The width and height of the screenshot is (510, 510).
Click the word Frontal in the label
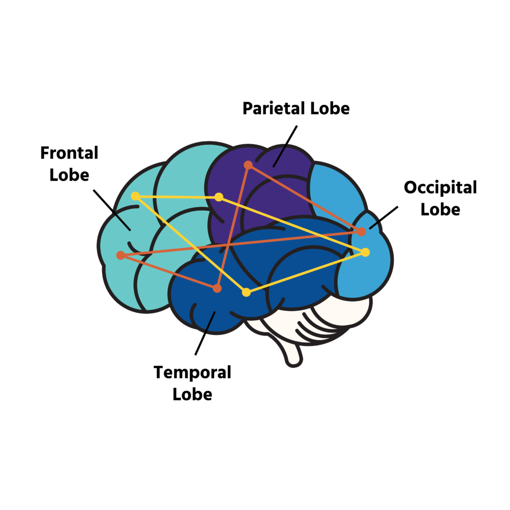click(x=69, y=153)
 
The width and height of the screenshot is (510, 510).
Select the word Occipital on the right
click(x=440, y=188)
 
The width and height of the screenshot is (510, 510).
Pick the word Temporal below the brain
click(x=192, y=372)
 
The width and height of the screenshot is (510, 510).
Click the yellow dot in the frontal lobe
click(x=135, y=196)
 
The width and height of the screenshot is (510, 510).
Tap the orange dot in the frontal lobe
click(x=121, y=255)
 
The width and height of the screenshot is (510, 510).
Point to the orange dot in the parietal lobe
click(x=248, y=165)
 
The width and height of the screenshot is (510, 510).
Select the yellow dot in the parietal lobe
click(x=219, y=197)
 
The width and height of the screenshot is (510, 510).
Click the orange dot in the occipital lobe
click(x=362, y=232)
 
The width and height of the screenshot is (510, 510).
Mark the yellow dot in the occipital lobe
click(x=366, y=252)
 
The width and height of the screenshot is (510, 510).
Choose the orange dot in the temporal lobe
click(x=217, y=288)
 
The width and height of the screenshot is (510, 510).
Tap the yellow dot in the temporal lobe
click(x=246, y=292)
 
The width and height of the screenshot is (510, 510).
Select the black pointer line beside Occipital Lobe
click(x=384, y=218)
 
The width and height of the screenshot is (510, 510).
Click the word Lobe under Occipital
click(x=440, y=209)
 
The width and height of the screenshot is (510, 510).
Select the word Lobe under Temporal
click(x=192, y=394)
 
